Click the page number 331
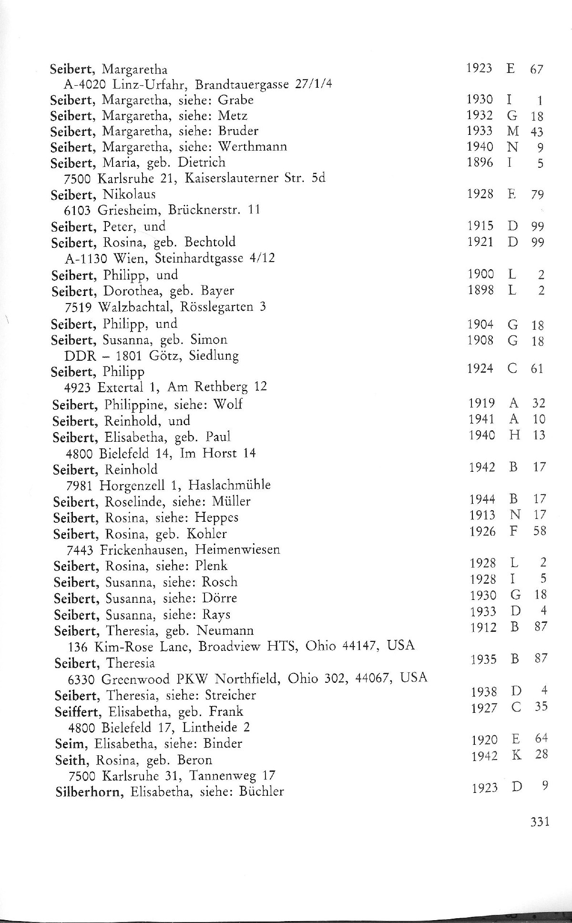coord(540,822)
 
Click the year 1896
coord(480,162)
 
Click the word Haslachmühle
coord(229,485)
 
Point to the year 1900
coord(480,274)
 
